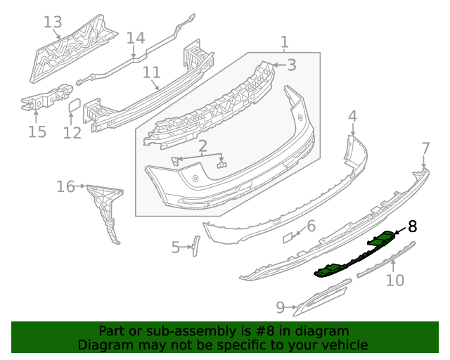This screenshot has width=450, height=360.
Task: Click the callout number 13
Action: click(x=53, y=22)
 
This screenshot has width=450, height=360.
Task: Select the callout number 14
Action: click(x=135, y=38)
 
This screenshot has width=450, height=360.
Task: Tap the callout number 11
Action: click(x=152, y=72)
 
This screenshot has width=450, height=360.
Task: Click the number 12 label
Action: click(x=72, y=132)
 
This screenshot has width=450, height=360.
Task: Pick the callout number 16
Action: click(x=65, y=186)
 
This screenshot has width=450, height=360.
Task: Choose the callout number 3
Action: click(x=290, y=65)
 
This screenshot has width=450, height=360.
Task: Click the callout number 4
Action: click(x=352, y=115)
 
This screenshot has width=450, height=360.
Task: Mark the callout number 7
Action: click(x=425, y=148)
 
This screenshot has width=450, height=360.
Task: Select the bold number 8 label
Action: click(x=412, y=226)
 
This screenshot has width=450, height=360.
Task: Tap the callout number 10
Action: click(x=395, y=281)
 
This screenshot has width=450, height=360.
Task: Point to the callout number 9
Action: click(x=280, y=307)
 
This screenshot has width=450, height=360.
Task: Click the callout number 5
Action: click(x=176, y=247)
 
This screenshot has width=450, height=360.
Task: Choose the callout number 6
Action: click(x=311, y=226)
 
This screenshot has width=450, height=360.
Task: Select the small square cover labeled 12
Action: click(x=74, y=106)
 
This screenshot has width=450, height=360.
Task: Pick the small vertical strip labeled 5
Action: click(x=196, y=246)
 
